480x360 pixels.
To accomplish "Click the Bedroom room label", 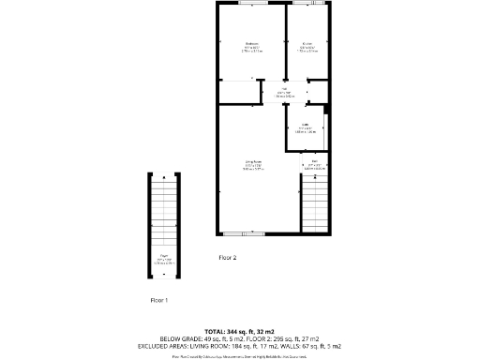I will [252, 45].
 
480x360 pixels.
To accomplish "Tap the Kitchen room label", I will [307, 45].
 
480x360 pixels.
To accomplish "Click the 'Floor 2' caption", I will [228, 257].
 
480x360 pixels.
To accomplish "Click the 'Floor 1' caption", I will [159, 300].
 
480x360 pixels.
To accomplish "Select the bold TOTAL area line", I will [240, 331].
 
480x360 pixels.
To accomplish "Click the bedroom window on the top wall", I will [250, 4].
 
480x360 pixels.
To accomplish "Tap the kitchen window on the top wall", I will [308, 4].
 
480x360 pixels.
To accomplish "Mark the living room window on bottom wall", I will [247, 232].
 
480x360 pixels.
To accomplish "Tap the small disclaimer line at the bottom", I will [240, 355].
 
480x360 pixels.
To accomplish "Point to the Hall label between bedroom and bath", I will [282, 92].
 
